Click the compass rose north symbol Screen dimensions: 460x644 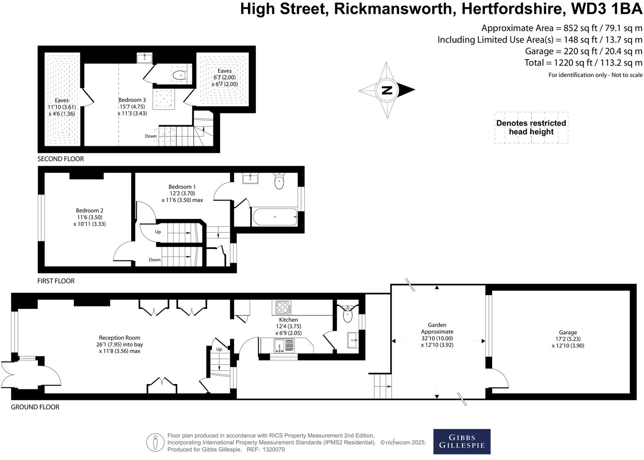387,90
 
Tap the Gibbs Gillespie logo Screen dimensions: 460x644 462,442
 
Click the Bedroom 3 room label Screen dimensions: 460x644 132,100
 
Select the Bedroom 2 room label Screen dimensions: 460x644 90,211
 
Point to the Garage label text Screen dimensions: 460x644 568,332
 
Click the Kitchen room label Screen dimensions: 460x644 288,320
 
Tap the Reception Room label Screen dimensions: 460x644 119,338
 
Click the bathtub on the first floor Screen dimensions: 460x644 275,217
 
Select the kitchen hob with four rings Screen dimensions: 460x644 284,308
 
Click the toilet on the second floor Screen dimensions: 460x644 179,76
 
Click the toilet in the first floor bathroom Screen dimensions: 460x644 279,182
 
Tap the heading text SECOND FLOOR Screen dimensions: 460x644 61,159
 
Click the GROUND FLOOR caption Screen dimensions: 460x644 35,407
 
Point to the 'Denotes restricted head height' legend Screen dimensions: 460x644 531,128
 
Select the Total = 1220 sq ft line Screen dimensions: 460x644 583,63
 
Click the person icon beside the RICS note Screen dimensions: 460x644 155,442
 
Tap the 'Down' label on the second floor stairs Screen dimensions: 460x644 151,136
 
